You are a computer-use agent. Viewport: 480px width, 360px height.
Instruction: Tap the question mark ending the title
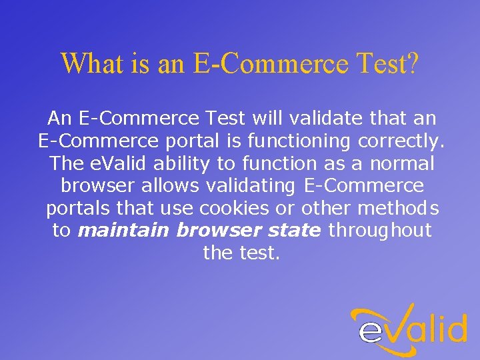point(412,64)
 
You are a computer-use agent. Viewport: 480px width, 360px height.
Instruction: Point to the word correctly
point(402,141)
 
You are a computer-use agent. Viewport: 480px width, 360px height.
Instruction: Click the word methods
point(399,209)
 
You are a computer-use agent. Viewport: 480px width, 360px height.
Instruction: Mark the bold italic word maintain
point(124,231)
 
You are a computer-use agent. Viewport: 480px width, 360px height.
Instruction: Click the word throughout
point(381,231)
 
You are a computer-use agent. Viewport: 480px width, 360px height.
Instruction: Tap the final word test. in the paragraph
point(259,253)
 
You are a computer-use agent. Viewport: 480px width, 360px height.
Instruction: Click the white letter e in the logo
point(371,331)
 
